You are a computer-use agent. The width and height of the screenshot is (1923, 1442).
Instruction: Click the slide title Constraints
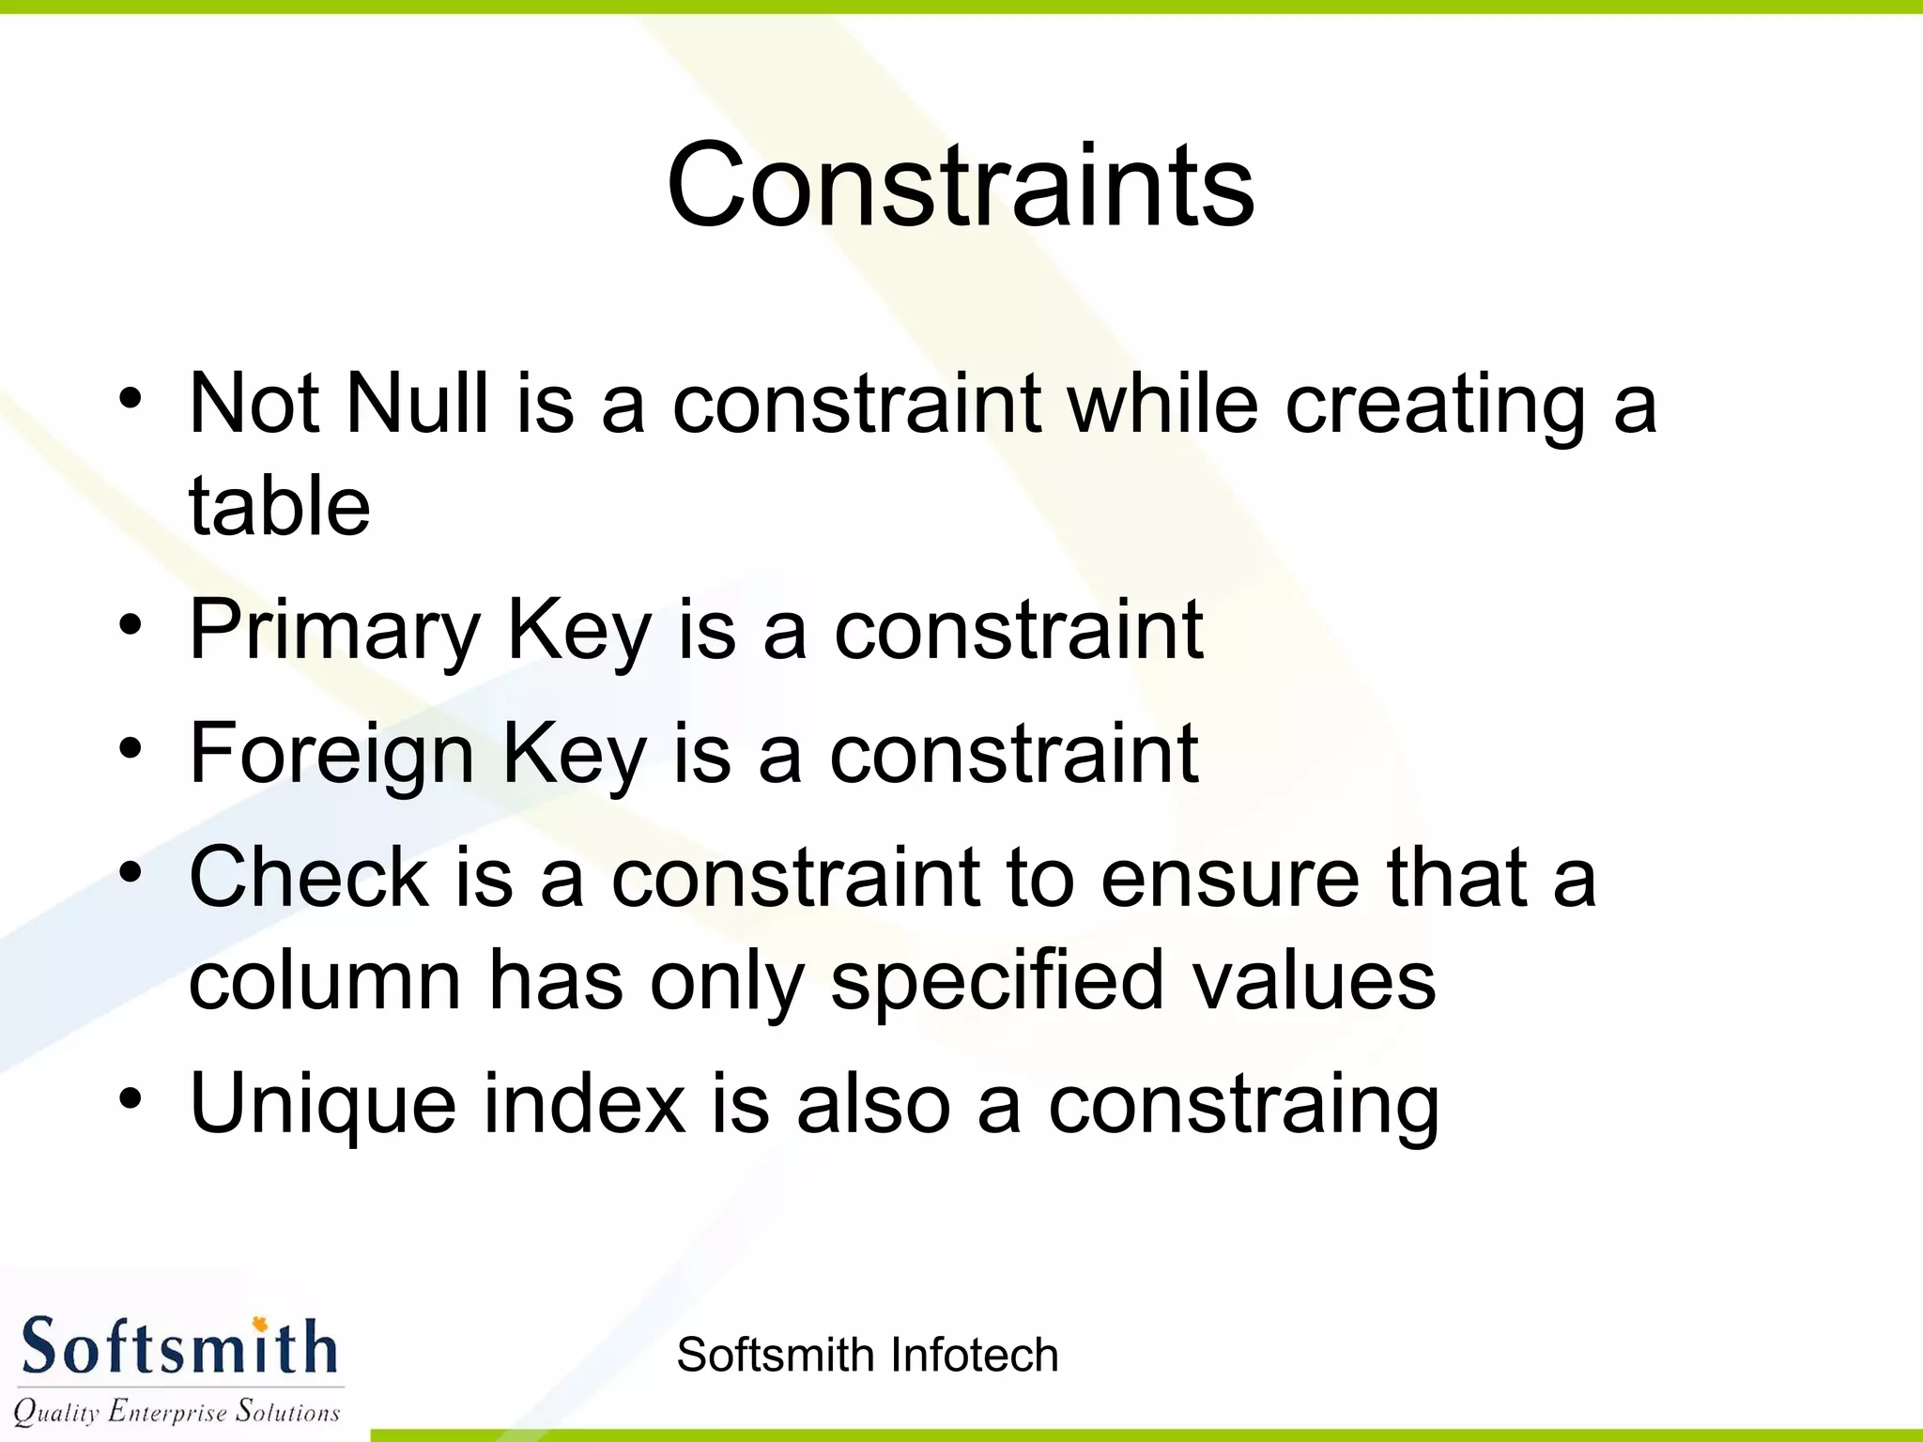click(x=960, y=184)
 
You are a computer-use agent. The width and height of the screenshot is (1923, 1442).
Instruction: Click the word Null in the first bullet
click(x=418, y=404)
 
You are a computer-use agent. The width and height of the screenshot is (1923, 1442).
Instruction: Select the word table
click(x=280, y=506)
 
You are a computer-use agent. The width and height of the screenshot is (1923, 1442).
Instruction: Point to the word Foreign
click(x=331, y=754)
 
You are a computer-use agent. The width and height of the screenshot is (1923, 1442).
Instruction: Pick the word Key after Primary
click(x=578, y=631)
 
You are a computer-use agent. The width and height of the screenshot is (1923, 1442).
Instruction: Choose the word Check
click(x=309, y=877)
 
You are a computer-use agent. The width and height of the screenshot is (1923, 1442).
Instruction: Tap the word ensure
click(x=1230, y=877)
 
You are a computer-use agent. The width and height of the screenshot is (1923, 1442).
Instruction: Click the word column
click(x=325, y=981)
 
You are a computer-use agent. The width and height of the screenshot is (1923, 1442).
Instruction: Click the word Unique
click(x=323, y=1105)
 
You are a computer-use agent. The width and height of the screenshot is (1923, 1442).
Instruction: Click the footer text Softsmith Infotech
click(x=867, y=1355)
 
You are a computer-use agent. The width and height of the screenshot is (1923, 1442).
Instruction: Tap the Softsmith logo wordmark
click(x=178, y=1347)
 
